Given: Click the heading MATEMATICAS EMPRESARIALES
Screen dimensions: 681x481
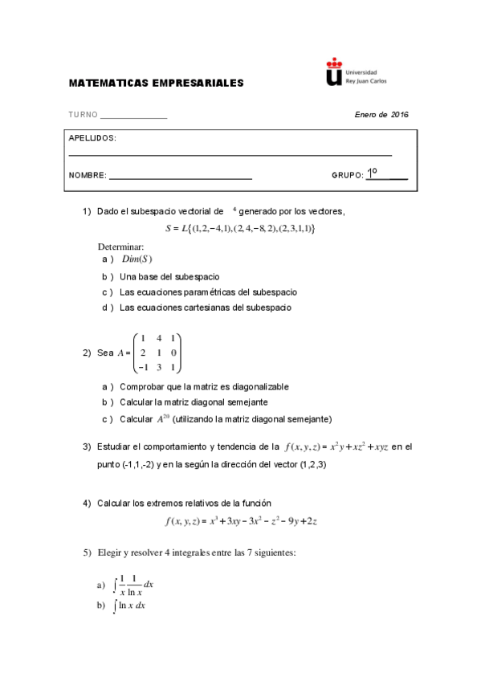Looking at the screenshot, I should click(156, 83).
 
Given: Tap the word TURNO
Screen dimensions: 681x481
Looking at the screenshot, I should click(83, 115).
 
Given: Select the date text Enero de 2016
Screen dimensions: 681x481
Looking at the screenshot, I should click(381, 115).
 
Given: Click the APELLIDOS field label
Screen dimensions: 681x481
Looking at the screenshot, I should click(92, 138).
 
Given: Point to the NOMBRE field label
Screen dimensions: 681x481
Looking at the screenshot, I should click(88, 175).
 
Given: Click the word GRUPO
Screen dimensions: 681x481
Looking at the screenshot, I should click(347, 175).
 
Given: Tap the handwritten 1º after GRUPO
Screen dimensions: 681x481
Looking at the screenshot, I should click(373, 173).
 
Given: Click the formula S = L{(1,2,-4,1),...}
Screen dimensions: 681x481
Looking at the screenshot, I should click(240, 229).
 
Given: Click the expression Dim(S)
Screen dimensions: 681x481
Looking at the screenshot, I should click(137, 259).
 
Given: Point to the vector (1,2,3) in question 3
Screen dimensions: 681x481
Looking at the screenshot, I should click(304, 465).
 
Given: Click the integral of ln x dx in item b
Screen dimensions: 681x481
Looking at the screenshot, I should click(131, 605).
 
